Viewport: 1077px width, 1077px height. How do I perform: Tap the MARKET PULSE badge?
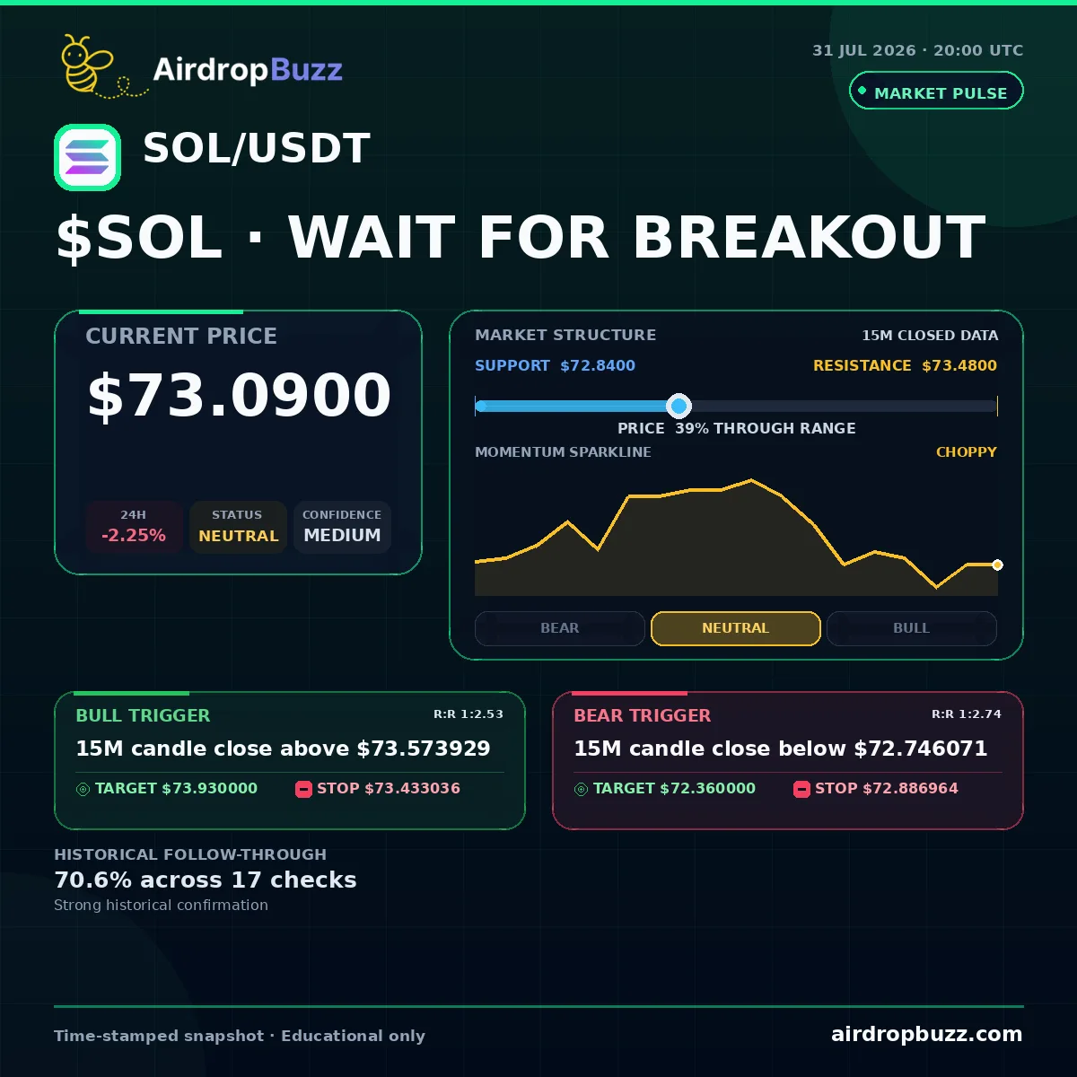point(936,91)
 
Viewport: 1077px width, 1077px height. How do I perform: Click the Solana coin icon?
point(87,158)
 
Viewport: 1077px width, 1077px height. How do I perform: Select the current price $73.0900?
point(240,395)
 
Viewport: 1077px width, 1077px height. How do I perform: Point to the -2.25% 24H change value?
point(134,536)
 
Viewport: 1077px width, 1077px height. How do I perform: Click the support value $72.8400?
point(598,365)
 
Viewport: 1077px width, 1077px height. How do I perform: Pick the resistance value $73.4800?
point(959,365)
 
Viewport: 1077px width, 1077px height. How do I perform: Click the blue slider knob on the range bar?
point(679,406)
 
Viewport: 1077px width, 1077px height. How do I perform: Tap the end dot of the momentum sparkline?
point(997,565)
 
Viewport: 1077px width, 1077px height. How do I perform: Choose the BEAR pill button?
point(559,628)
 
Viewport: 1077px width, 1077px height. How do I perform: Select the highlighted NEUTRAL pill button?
point(736,628)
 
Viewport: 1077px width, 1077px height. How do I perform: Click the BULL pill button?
point(911,628)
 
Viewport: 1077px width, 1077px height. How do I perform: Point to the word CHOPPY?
point(967,451)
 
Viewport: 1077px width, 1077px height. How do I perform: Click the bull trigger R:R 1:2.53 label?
point(468,714)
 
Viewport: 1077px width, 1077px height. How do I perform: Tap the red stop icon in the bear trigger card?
point(801,789)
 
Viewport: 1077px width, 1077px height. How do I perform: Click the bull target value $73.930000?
point(210,788)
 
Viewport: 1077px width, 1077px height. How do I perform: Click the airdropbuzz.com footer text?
point(926,1034)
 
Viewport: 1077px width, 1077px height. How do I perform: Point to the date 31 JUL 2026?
point(864,50)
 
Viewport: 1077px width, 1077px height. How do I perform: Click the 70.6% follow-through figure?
point(92,880)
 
